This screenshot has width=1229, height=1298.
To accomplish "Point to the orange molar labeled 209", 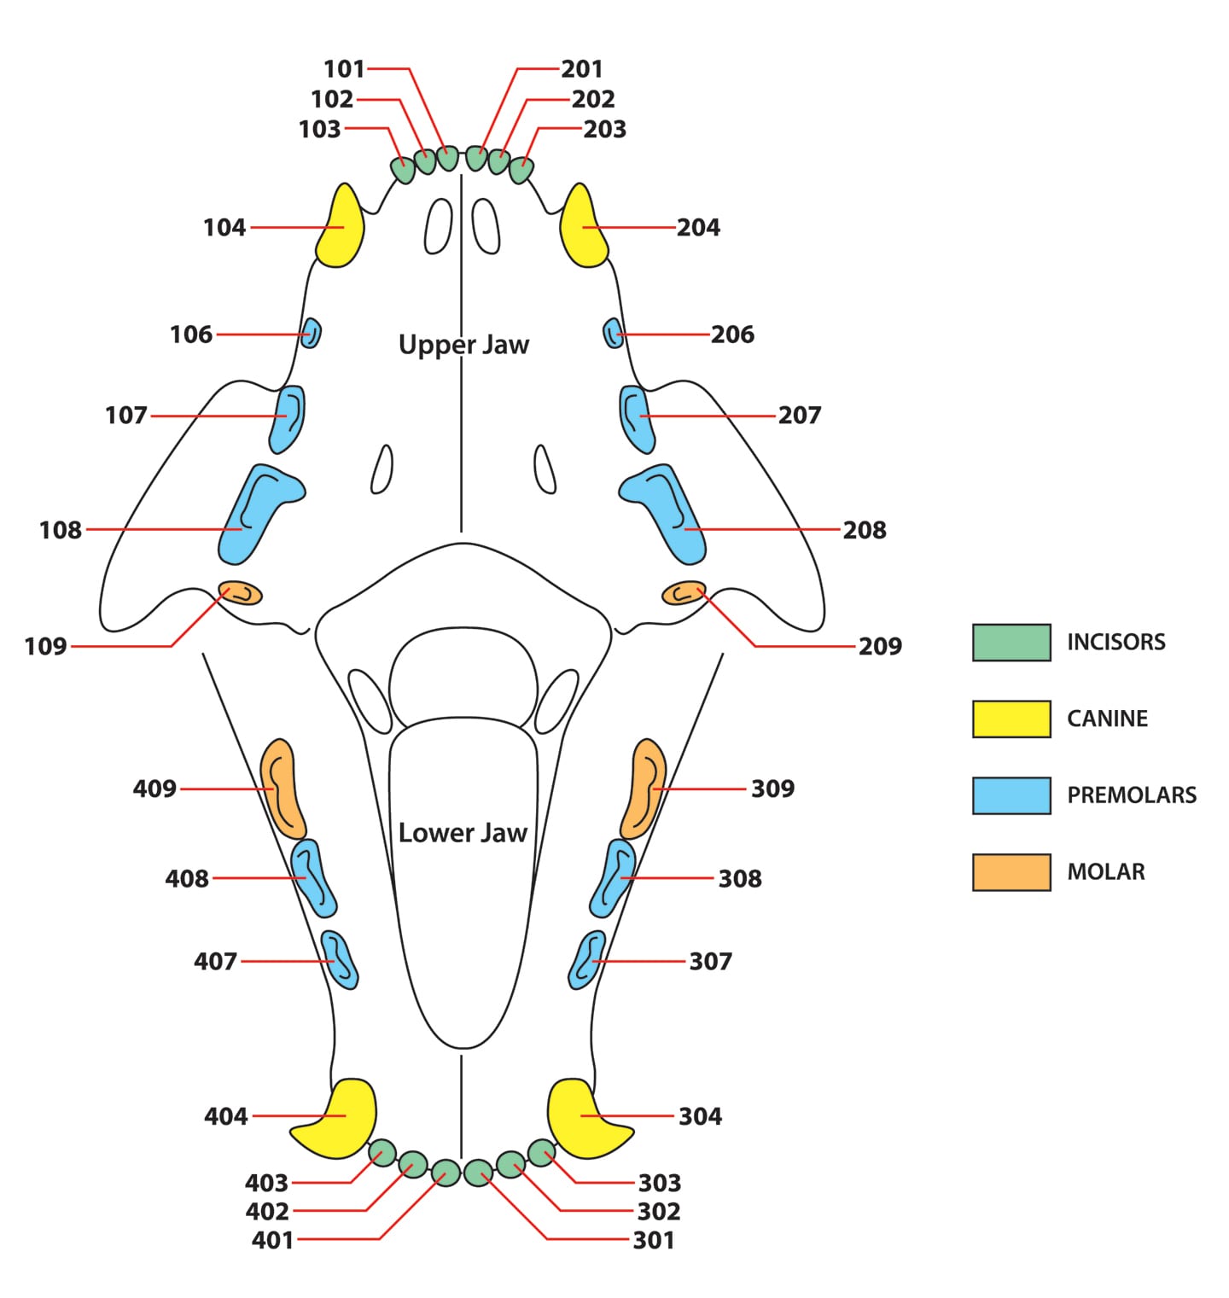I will click(x=684, y=592).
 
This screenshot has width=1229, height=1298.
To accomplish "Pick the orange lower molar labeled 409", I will click(x=282, y=789).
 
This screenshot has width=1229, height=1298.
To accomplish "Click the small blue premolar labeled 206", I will click(x=613, y=333).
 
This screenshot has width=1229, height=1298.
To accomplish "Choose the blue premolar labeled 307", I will click(x=587, y=960).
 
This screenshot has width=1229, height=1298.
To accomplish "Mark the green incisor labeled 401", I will click(x=446, y=1173).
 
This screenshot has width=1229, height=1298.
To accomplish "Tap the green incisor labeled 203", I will click(x=521, y=169).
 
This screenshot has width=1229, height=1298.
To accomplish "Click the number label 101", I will click(x=344, y=69).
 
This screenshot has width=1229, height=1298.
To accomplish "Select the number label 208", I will click(x=865, y=530).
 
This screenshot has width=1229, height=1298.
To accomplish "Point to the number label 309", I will click(x=772, y=789).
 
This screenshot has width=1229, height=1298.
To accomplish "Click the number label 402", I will click(x=267, y=1211).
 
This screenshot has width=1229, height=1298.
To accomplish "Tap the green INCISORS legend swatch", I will click(x=1011, y=643).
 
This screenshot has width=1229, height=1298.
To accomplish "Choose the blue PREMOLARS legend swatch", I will click(x=1011, y=795).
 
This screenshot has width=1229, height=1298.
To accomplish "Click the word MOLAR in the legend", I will click(x=1106, y=872).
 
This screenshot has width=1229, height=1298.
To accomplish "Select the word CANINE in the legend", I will click(x=1107, y=719).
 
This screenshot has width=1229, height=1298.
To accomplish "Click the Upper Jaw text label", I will click(x=463, y=345).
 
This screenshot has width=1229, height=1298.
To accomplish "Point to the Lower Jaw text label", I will click(x=463, y=833).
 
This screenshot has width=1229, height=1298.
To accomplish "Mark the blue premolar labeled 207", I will click(x=636, y=418).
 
